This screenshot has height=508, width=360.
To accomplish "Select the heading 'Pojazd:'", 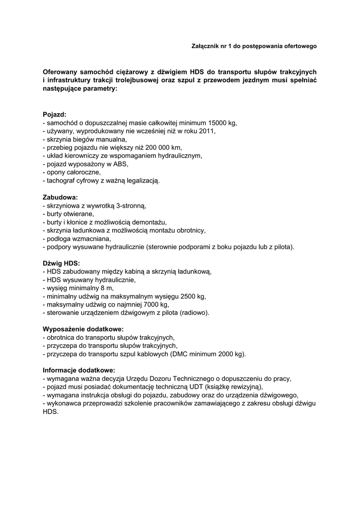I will pos(54,114).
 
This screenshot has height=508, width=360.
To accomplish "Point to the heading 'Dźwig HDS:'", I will pos(61,263).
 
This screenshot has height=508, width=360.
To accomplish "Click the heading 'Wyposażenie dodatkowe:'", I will pos(83,329).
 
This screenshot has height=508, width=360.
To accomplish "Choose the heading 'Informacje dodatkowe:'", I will pos(78,370).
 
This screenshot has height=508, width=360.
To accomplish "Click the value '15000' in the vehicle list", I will pos(217,123).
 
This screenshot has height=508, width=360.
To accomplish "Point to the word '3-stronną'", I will pos(130,205).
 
